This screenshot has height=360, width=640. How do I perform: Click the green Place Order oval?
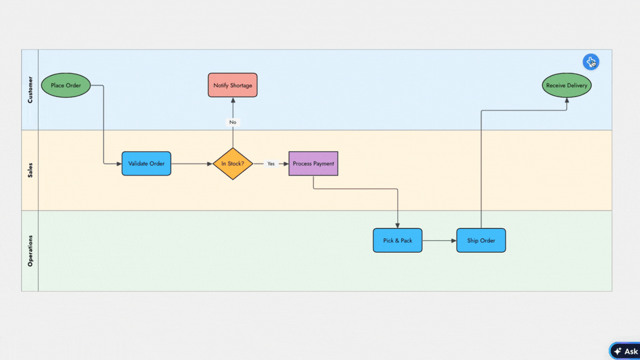pyautogui.click(x=66, y=86)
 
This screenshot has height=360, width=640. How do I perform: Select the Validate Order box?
pyautogui.click(x=146, y=164)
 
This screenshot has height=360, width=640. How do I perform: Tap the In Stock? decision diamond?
pyautogui.click(x=233, y=164)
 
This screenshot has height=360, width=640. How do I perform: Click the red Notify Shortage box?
pyautogui.click(x=233, y=86)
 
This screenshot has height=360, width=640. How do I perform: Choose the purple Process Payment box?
pyautogui.click(x=313, y=164)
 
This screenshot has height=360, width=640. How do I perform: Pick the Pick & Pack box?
pyautogui.click(x=397, y=241)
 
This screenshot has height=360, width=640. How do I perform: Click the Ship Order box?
pyautogui.click(x=481, y=241)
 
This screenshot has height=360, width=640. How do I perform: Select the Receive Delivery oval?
pyautogui.click(x=567, y=86)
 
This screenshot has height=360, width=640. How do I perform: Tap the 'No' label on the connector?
pyautogui.click(x=233, y=122)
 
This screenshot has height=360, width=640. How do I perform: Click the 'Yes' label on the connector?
pyautogui.click(x=271, y=164)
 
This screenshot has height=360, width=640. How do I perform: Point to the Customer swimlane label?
pyautogui.click(x=30, y=90)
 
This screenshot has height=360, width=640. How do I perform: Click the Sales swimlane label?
pyautogui.click(x=30, y=170)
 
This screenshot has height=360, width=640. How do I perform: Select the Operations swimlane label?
pyautogui.click(x=30, y=251)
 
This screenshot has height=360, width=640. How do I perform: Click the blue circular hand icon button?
pyautogui.click(x=591, y=62)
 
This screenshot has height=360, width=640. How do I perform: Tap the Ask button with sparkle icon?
pyautogui.click(x=626, y=351)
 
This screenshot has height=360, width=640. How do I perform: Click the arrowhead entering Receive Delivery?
pyautogui.click(x=567, y=101)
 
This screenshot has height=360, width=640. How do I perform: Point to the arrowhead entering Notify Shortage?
pyautogui.click(x=233, y=101)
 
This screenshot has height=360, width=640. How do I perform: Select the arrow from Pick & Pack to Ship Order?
pyautogui.click(x=439, y=241)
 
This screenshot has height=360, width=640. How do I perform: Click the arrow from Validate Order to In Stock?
pyautogui.click(x=192, y=164)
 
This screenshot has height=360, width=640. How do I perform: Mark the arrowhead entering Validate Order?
pyautogui.click(x=118, y=164)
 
